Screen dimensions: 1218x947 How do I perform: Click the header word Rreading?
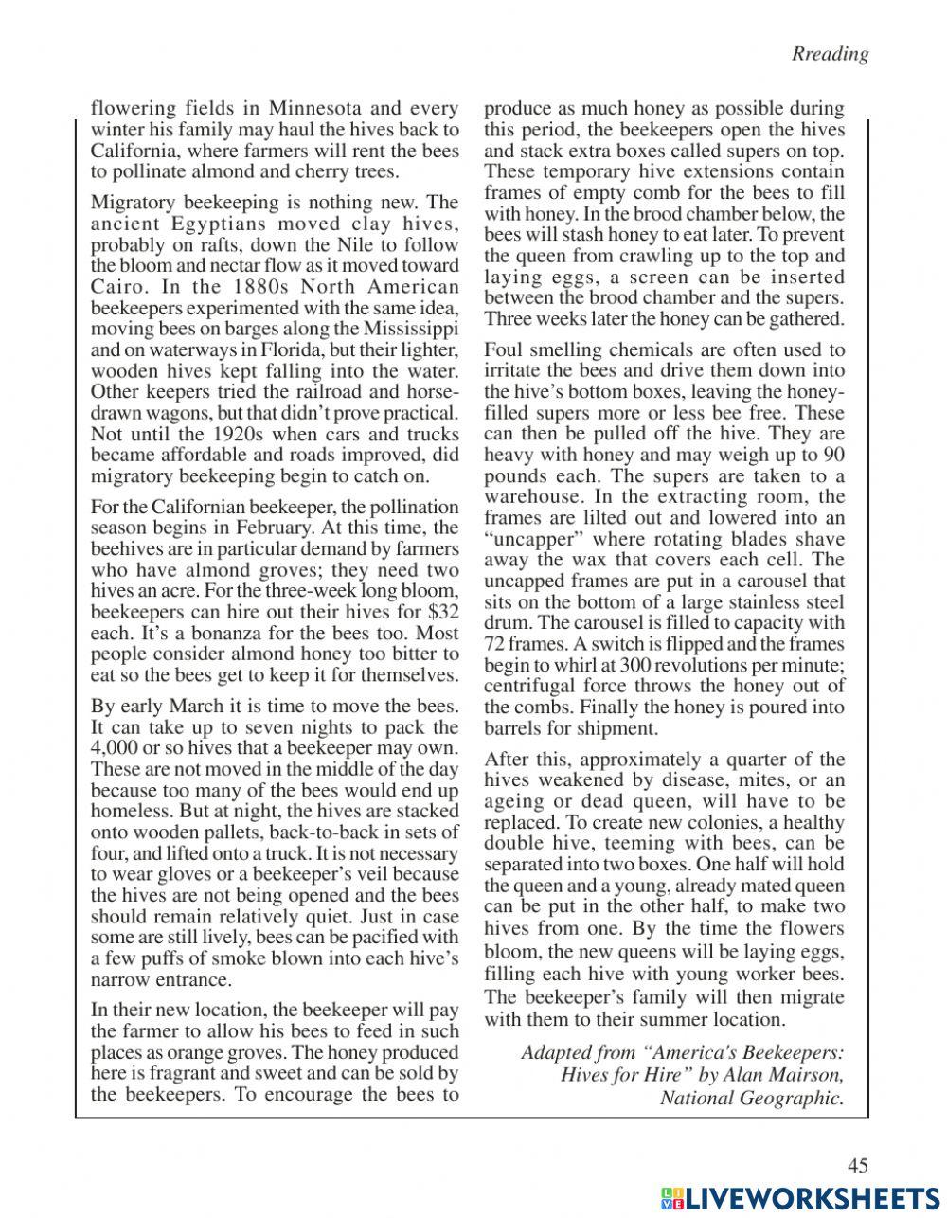(x=830, y=54)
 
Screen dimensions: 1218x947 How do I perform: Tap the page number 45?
(x=857, y=1166)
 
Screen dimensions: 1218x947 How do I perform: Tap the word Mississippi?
(x=408, y=329)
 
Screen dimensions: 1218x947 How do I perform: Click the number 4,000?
(x=113, y=748)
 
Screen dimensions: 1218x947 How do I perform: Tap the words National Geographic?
(x=752, y=1098)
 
